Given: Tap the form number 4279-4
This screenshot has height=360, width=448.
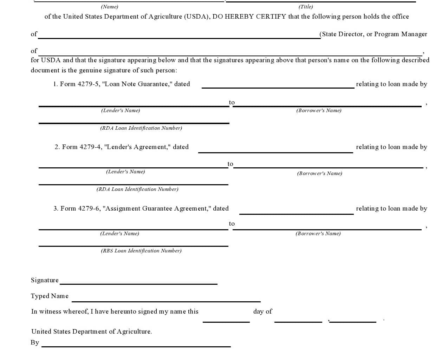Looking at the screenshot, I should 91,147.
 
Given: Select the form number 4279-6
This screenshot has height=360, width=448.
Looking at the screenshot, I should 89,208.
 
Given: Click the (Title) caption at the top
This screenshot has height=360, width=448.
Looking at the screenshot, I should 306,7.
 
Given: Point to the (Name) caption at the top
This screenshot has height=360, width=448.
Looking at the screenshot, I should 110,7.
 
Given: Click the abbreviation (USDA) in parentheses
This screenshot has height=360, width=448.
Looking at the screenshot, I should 197,17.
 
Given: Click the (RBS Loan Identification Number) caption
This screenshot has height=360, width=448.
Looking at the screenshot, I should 141,251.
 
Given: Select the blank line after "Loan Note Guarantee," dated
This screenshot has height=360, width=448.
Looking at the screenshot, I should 278,87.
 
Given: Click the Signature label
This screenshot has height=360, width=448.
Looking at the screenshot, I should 45,280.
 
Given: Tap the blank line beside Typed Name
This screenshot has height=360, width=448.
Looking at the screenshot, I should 166,301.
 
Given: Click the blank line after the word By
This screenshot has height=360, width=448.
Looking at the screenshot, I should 136,346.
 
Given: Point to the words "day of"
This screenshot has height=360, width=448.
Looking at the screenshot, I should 262,311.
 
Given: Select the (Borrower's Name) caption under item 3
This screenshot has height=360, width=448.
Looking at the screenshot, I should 318,233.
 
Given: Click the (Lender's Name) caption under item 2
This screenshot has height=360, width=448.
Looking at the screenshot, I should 125,172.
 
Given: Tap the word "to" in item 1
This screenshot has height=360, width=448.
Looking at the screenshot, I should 232,102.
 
